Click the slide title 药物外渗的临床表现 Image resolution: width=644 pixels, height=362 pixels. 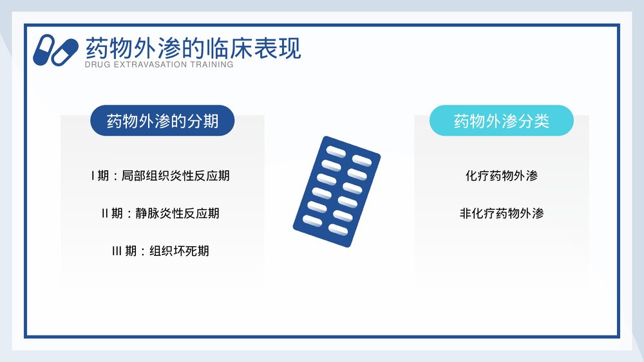click(193, 48)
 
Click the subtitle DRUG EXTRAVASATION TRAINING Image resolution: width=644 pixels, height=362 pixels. click(159, 65)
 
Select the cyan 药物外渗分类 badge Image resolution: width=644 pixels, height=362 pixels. click(502, 121)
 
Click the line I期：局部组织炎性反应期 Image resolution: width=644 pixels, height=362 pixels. click(160, 176)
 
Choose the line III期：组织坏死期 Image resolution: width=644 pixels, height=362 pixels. click(160, 251)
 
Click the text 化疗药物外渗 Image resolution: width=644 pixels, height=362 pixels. click(502, 176)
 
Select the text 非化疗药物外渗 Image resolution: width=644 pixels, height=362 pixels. click(502, 213)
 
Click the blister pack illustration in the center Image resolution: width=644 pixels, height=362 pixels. click(336, 192)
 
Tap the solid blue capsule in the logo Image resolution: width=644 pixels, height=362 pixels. click(44, 50)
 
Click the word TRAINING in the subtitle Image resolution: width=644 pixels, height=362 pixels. click(211, 65)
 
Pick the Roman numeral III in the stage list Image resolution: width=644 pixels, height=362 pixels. click(117, 251)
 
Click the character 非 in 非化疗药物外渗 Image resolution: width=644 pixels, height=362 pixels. click(466, 213)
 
